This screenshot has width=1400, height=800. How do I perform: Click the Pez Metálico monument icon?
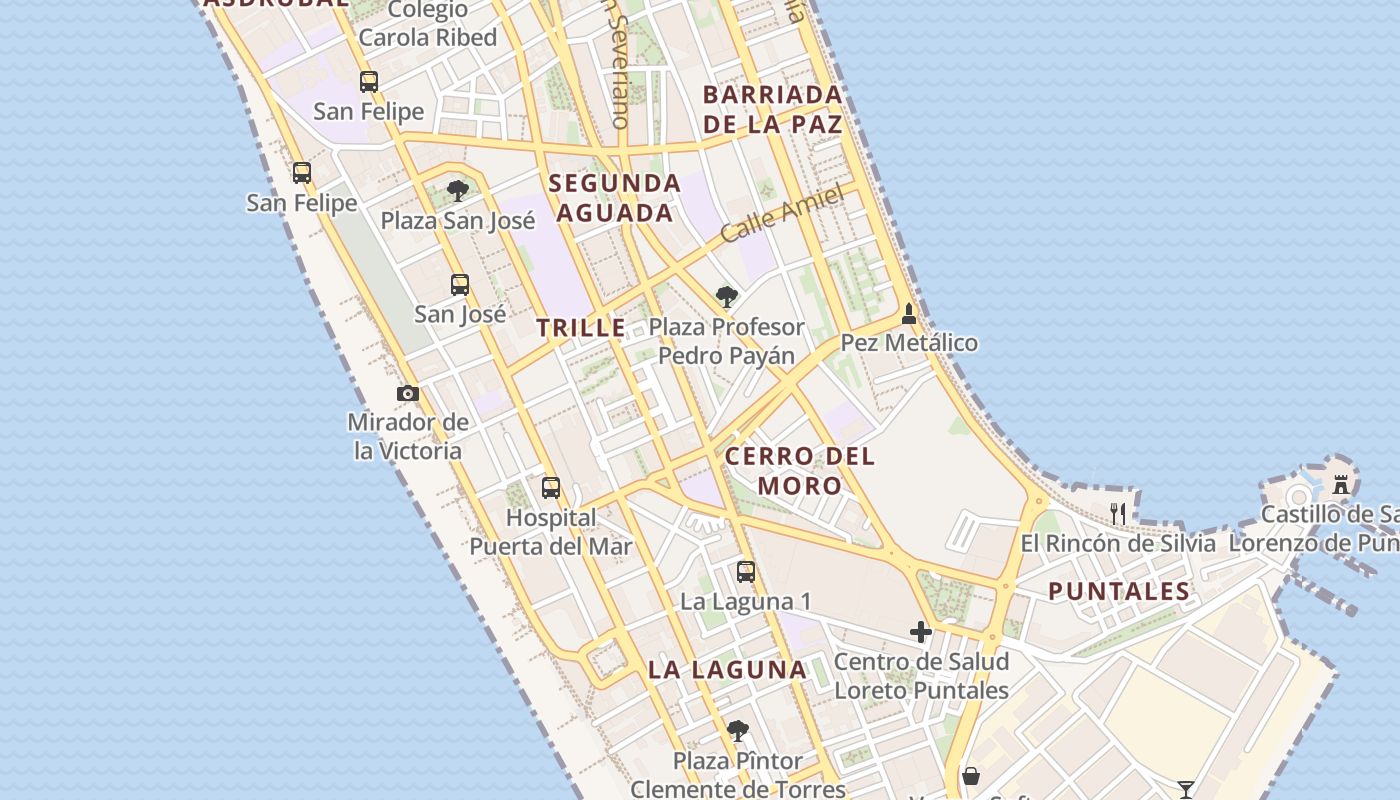click(909, 314)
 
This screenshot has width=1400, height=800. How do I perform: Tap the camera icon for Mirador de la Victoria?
click(408, 393)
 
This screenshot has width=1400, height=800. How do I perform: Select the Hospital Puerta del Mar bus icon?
click(551, 488)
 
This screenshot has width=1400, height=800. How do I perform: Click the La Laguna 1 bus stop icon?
click(746, 572)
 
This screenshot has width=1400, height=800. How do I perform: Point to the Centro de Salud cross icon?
click(921, 632)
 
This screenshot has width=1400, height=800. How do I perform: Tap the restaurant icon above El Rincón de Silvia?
click(1118, 514)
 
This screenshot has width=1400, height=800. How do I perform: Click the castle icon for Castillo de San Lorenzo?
click(1341, 485)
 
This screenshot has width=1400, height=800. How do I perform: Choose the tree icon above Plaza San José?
click(458, 191)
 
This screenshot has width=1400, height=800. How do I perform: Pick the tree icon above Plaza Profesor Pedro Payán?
click(727, 297)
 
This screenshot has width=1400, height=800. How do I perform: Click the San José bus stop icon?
click(460, 285)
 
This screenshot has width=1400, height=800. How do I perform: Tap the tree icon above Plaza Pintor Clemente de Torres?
click(738, 731)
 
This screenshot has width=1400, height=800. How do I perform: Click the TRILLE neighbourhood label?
click(581, 328)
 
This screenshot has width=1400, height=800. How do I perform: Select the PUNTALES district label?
click(1119, 591)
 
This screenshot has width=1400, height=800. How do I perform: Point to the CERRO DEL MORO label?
click(800, 471)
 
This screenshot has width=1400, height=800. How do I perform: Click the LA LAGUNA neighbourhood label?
click(727, 670)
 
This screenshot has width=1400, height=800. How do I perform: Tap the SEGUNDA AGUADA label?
click(615, 198)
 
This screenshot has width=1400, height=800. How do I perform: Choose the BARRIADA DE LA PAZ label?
click(773, 110)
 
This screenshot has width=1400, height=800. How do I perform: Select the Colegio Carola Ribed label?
click(428, 24)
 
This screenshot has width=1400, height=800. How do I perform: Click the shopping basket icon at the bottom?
click(970, 776)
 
